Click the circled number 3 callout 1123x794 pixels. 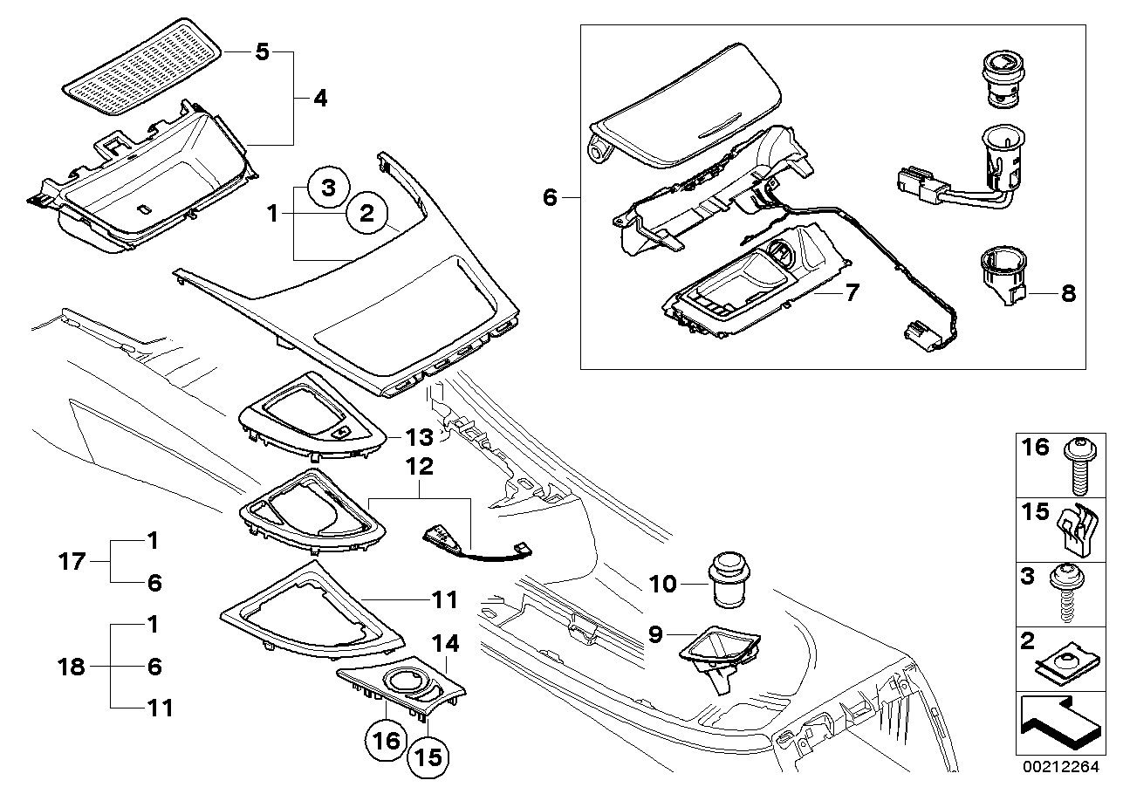tap(328, 188)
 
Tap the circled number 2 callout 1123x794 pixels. tap(367, 214)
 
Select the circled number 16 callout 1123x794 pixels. tap(387, 741)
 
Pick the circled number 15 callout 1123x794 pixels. tap(428, 757)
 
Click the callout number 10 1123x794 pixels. tap(662, 584)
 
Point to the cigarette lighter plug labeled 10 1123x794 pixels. tap(728, 579)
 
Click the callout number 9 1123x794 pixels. tap(656, 634)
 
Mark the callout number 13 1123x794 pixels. tap(419, 437)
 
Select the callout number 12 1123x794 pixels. tap(419, 467)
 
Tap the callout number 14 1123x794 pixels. tap(445, 643)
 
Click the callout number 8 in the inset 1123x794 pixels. tap(1068, 293)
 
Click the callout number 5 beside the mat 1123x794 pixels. tap(262, 51)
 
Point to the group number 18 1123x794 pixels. tap(72, 667)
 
